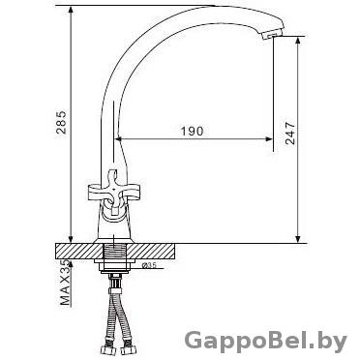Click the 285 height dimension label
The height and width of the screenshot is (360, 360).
pos(61,123)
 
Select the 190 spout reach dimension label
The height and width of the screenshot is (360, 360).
pos(192,131)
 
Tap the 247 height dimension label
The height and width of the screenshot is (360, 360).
pos(290,133)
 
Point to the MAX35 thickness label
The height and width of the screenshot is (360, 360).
pos(66,283)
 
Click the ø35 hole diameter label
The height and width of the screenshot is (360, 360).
pos(149,265)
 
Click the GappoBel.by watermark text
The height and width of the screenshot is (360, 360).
pos(266,342)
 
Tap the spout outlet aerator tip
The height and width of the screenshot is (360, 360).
pos(272,34)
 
